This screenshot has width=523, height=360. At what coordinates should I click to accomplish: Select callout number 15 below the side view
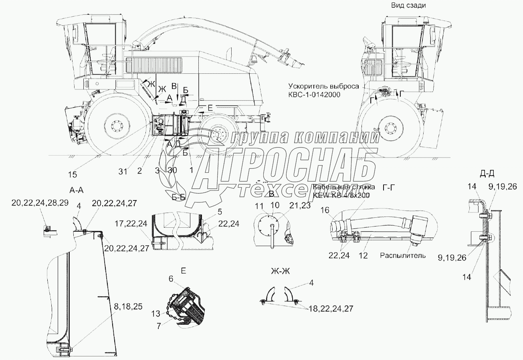click(73, 174)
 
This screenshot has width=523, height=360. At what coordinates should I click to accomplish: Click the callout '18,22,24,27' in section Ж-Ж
click(331, 308)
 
